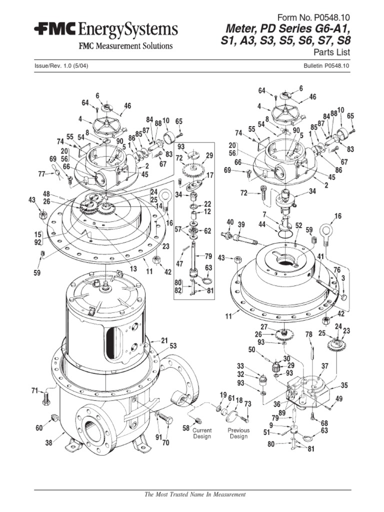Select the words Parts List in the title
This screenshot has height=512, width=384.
click(331, 52)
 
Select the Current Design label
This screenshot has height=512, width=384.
click(202, 433)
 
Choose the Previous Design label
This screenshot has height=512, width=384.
click(238, 433)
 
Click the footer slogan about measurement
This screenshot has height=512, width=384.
click(194, 494)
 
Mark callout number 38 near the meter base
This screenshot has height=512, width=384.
click(48, 442)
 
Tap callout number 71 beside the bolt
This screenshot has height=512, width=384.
click(34, 390)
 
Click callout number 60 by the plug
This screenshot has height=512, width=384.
click(39, 427)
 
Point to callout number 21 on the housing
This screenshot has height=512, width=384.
click(164, 340)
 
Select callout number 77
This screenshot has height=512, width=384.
click(41, 174)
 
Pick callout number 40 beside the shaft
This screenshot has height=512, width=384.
click(230, 222)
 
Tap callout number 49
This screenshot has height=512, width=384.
click(339, 398)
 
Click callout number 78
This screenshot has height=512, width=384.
click(308, 334)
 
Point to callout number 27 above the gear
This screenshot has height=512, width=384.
click(263, 327)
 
